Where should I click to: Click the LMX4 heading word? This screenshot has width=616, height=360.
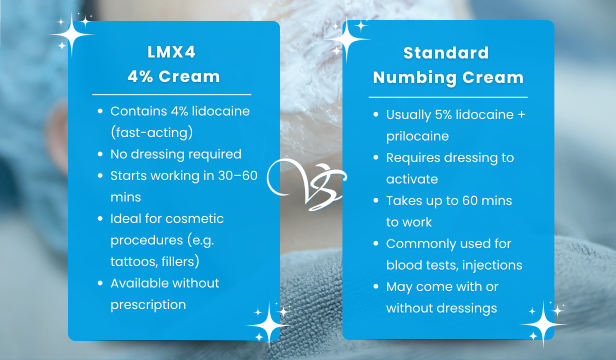point(171,52)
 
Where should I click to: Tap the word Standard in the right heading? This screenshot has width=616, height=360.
point(446,53)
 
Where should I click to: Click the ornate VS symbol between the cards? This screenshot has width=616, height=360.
point(307,184)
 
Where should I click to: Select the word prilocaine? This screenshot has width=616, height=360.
point(417,136)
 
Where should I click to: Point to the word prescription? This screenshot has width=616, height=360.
point(148,305)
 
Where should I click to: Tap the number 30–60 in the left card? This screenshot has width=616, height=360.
point(237,175)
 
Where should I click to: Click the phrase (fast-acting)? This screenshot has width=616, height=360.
point(152,133)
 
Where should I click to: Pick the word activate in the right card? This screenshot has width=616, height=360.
point(412,179)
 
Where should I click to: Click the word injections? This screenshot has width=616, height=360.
point(492,265)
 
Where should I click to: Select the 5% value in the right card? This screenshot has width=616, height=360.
point(443,114)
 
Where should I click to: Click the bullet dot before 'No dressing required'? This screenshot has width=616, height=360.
point(100,154)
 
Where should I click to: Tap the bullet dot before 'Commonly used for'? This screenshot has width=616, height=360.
point(376,243)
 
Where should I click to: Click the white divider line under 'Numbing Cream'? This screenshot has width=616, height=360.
point(448,97)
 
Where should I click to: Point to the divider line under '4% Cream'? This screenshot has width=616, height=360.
point(171,94)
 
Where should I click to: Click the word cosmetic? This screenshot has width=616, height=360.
point(194,219)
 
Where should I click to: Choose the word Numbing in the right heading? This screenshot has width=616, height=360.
point(414,78)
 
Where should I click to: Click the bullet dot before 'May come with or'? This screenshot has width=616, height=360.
point(376,286)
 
